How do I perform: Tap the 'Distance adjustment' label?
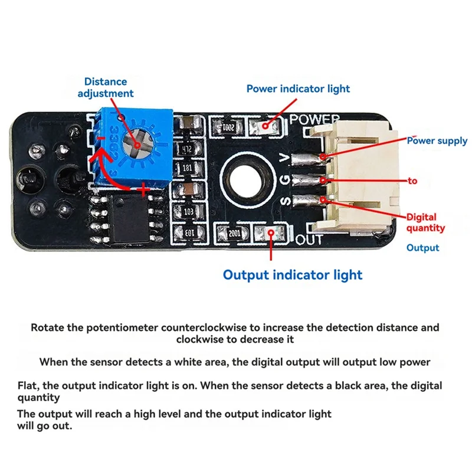[x=106, y=87]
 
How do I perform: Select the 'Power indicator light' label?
[x=298, y=88]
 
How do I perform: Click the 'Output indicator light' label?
[x=292, y=274]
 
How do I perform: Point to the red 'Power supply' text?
[x=437, y=140]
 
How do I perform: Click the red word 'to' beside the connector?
[x=412, y=181]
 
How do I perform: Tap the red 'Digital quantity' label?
[x=425, y=222]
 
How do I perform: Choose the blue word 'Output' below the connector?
[x=422, y=248]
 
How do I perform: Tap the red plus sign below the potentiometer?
[x=143, y=189]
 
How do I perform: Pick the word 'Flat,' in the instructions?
[x=28, y=386]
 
